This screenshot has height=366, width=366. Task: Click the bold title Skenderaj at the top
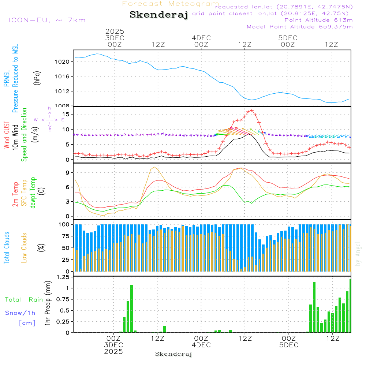click(x=158, y=15)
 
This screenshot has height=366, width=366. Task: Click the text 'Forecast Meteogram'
click(x=171, y=4)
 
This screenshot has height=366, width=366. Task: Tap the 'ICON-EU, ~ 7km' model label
click(x=47, y=20)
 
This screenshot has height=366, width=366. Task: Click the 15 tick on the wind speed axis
click(x=66, y=114)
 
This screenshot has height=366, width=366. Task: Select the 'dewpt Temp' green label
click(x=33, y=193)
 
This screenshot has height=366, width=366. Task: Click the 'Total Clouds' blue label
click(x=7, y=248)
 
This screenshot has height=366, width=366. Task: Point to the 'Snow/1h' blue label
click(x=20, y=313)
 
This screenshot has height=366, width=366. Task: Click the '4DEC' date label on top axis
click(x=201, y=38)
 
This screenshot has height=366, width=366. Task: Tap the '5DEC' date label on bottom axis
click(x=289, y=345)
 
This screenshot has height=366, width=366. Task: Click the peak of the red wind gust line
click(x=251, y=110)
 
